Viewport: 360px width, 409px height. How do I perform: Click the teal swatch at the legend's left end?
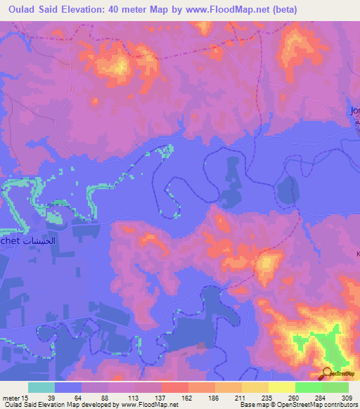[41, 387]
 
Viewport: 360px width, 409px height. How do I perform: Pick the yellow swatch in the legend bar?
[282, 387]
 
